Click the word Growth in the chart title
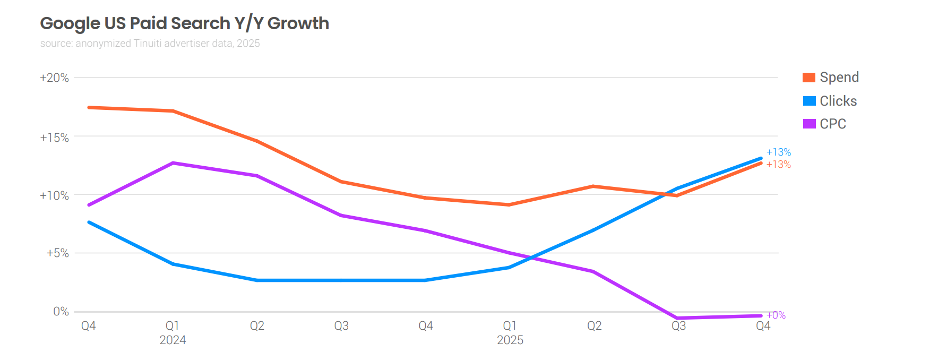tap(298, 23)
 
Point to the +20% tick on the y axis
tap(54, 78)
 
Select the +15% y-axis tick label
tap(54, 138)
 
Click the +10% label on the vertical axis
tap(54, 196)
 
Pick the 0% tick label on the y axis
tap(61, 312)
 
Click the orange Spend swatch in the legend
tap(809, 78)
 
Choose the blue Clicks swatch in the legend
tap(809, 101)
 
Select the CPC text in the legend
tap(833, 124)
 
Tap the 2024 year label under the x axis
tap(173, 340)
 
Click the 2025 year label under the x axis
tap(510, 340)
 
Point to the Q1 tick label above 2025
tap(510, 326)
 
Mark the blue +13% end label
tap(778, 152)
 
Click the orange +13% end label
tap(778, 165)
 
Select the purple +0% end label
tap(776, 315)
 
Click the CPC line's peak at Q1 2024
tap(173, 163)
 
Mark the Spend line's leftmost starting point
tap(89, 107)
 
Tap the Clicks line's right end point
tap(761, 158)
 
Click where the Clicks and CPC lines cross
tap(531, 258)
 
